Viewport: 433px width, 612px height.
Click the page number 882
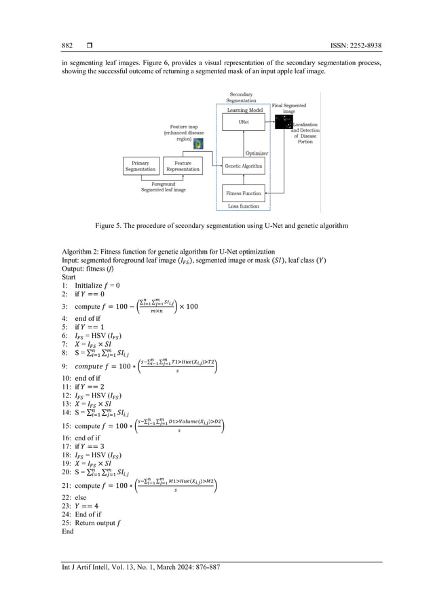[x=67, y=46]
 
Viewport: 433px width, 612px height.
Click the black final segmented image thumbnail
[x=282, y=122]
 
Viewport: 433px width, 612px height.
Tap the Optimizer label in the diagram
[x=256, y=153]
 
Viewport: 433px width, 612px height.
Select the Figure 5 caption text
[x=216, y=225]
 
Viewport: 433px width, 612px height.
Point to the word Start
[x=69, y=277]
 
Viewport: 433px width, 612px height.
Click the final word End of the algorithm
[x=67, y=532]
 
